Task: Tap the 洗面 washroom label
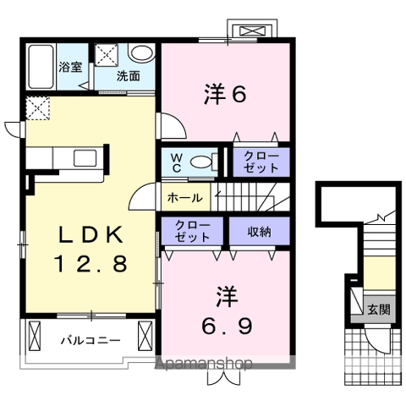point(129,75)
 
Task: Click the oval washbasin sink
point(140,52)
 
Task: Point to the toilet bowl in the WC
point(201,163)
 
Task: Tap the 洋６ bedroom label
point(224,95)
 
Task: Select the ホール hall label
point(184,198)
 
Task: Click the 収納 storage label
point(260,232)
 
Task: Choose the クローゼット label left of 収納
point(193,232)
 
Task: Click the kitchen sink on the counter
point(84,157)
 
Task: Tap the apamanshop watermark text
point(206,365)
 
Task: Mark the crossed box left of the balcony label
point(35,337)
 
